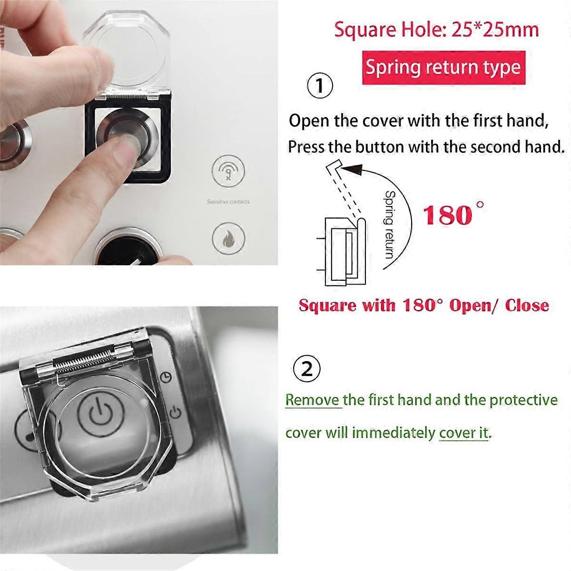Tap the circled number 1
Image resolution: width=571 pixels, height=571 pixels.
coord(320,86)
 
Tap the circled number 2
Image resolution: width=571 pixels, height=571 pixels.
coord(307,368)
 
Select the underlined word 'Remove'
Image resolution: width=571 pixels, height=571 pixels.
coord(312,399)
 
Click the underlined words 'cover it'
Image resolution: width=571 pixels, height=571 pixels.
coord(463,433)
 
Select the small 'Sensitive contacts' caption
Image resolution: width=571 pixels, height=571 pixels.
coord(228,202)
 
